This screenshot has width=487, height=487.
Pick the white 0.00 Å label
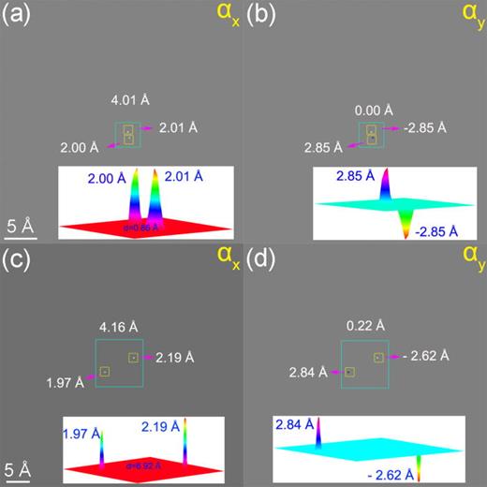point(372,110)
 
